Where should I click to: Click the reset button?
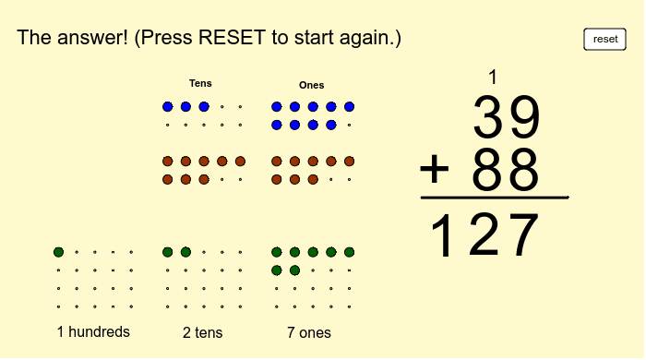coord(604,39)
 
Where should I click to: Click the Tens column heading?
coord(200,83)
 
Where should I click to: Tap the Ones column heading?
coord(311,85)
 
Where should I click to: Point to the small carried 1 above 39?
coord(493,78)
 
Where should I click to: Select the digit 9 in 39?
coord(523,117)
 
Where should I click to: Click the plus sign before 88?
coord(435,171)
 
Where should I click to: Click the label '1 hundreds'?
coord(93,331)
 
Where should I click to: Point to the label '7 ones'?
coord(309,332)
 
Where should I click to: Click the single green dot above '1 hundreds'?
coord(58,251)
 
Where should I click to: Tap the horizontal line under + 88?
coord(494,198)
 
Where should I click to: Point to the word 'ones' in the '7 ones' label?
coord(315,332)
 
